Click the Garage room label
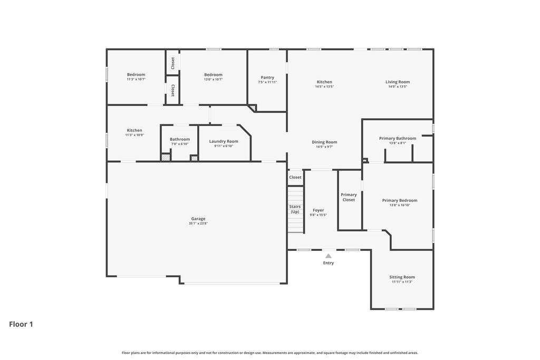pyautogui.click(x=198, y=219)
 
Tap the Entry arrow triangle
pyautogui.click(x=329, y=256)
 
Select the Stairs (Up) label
pyautogui.click(x=295, y=209)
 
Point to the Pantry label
pyautogui.click(x=267, y=77)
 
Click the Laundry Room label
pyautogui.click(x=224, y=141)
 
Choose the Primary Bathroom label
pyautogui.click(x=398, y=138)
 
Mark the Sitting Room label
pyautogui.click(x=402, y=277)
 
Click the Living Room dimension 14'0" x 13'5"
pyautogui.click(x=398, y=86)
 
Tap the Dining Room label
pyautogui.click(x=324, y=142)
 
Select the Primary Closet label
pyautogui.click(x=349, y=197)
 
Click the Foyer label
pyautogui.click(x=319, y=210)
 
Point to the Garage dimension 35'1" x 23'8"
pyautogui.click(x=198, y=223)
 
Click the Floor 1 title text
pyautogui.click(x=21, y=324)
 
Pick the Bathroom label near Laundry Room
pyautogui.click(x=180, y=139)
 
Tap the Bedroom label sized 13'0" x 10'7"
pyautogui.click(x=214, y=75)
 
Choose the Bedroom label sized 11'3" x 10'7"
pyautogui.click(x=136, y=75)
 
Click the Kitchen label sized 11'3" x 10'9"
pyautogui.click(x=134, y=130)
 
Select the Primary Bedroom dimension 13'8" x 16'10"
pyautogui.click(x=400, y=205)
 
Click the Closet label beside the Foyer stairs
pyautogui.click(x=295, y=177)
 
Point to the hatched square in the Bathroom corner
pyautogui.click(x=166, y=157)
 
